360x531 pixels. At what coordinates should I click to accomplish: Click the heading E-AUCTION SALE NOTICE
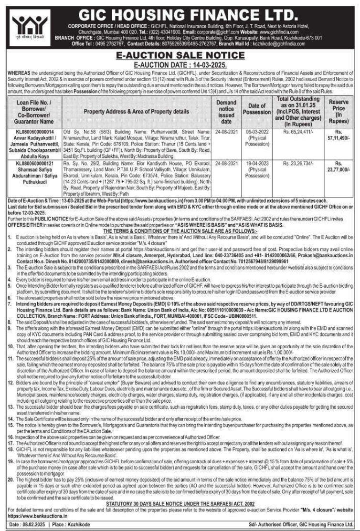(x=180, y=56)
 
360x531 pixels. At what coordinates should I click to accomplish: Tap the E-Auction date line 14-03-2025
(x=180, y=64)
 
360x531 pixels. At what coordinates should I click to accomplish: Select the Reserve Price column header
(x=339, y=111)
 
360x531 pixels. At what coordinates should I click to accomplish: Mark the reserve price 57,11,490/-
(x=339, y=136)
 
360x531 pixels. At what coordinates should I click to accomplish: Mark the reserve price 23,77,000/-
(x=339, y=169)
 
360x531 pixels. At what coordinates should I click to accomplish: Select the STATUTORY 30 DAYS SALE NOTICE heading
(x=180, y=503)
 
